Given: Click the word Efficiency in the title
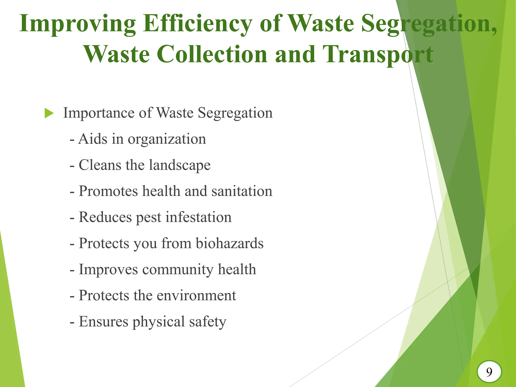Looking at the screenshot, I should click(x=197, y=24).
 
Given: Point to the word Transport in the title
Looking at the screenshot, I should click(x=378, y=54).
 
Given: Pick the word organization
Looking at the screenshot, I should click(x=167, y=139).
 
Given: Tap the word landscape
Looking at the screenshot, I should click(x=180, y=165).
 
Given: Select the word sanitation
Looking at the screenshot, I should click(x=242, y=191).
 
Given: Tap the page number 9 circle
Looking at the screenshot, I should click(x=489, y=372).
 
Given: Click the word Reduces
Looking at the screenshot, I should click(x=105, y=217).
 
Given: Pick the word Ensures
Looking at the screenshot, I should click(x=104, y=322).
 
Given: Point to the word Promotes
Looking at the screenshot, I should click(x=108, y=191).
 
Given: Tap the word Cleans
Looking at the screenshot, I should click(x=100, y=165).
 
